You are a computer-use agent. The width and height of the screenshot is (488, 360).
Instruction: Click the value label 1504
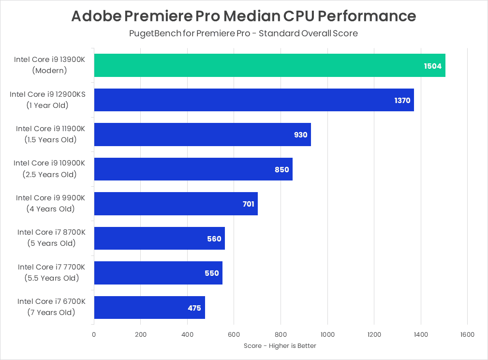click(x=432, y=66)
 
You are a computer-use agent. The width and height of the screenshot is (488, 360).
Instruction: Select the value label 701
click(x=248, y=204)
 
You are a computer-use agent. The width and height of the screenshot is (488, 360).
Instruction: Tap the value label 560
click(x=214, y=239)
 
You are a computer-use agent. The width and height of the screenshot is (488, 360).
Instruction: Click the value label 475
click(x=194, y=308)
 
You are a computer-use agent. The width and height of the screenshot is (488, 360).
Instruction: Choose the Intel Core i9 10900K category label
click(x=49, y=168)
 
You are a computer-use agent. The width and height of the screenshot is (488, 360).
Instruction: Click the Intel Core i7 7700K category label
click(x=51, y=272)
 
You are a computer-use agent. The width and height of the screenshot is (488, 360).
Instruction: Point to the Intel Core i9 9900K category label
click(x=50, y=203)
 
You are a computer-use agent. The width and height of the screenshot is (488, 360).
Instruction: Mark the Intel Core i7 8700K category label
click(x=51, y=238)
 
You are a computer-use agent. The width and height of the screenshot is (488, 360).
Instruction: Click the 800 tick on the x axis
click(x=281, y=334)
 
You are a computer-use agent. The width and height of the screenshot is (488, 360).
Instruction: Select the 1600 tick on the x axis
click(x=467, y=334)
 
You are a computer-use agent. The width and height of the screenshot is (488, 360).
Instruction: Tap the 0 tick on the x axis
click(x=94, y=334)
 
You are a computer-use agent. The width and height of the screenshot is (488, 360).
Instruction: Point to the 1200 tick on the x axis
click(x=374, y=334)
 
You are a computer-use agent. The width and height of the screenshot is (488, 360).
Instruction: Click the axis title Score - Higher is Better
click(x=280, y=345)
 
